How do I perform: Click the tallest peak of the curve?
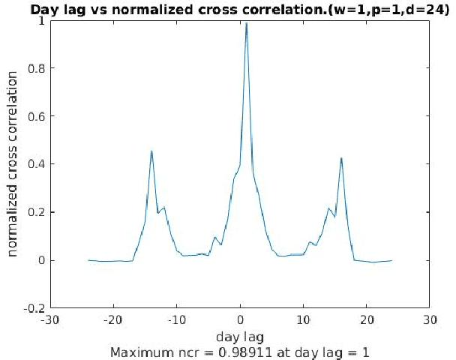pos(246,23)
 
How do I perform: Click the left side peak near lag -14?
pos(151,151)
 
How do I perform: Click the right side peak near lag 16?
pos(341,158)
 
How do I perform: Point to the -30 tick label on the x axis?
pos(51,319)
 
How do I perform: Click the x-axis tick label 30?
pos(429,319)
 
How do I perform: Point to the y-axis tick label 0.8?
pos(36,68)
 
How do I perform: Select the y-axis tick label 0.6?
pos(36,116)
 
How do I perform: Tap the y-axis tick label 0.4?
pos(36,164)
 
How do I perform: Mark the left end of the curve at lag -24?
pos(88,260)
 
